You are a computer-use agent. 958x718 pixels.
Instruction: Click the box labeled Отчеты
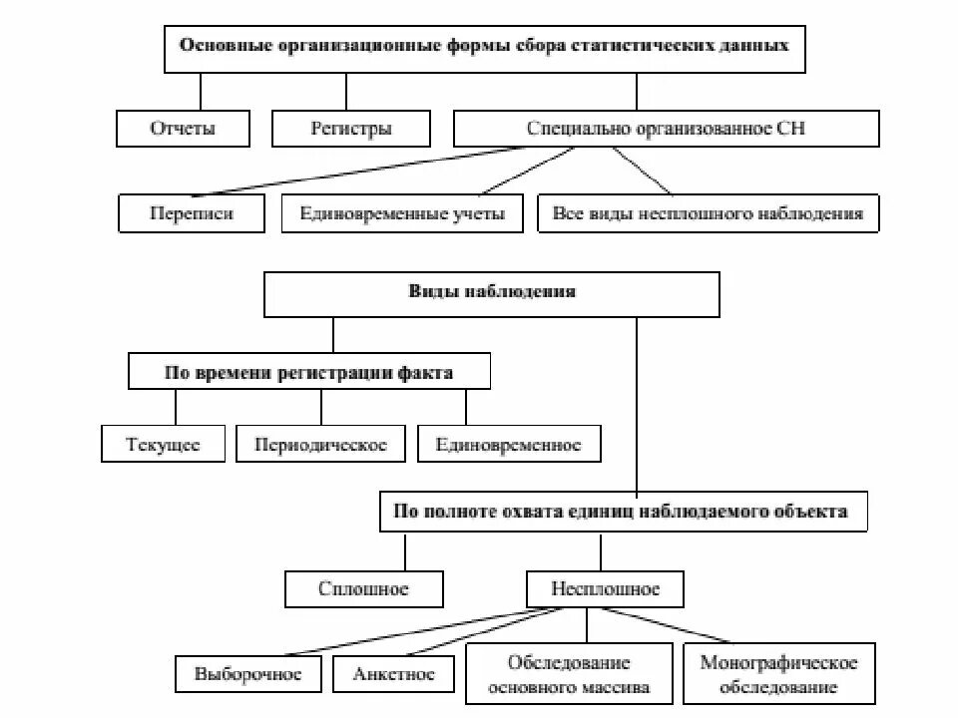[x=183, y=129]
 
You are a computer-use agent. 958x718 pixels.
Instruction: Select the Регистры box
[x=350, y=129]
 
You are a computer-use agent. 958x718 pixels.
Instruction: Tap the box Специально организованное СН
[x=666, y=129]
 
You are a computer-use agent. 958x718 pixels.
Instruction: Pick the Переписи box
[x=192, y=213]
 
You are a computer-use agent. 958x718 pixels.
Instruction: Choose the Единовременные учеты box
[x=401, y=213]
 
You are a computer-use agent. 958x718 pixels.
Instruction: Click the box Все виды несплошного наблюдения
[x=708, y=213]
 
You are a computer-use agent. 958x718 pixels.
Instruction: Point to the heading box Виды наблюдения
[x=491, y=292]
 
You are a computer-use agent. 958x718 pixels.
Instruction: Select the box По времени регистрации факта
[x=308, y=374]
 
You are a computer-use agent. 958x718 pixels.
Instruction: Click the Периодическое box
[x=319, y=445]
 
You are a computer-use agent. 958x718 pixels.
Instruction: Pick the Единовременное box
[x=508, y=445]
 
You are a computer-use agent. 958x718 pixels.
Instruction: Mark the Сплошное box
[x=363, y=588]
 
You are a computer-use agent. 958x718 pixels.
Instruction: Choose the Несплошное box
[x=605, y=588]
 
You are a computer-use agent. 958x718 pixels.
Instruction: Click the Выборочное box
[x=248, y=674]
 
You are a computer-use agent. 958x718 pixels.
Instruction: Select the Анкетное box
[x=393, y=674]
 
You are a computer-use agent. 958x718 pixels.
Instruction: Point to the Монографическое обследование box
[x=778, y=674]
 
